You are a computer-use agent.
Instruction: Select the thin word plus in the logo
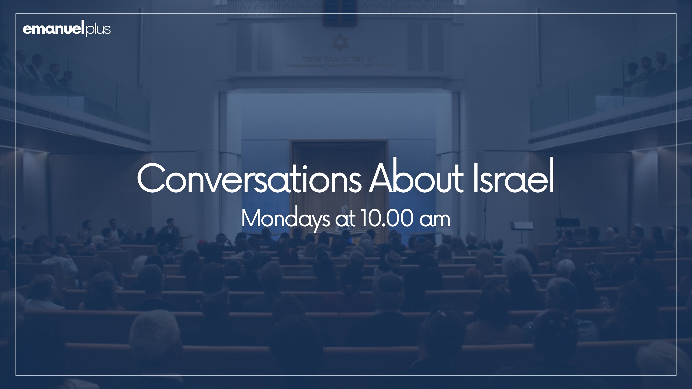(x=98, y=29)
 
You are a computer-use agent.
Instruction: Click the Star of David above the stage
(x=340, y=42)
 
